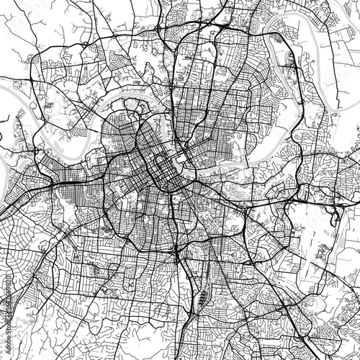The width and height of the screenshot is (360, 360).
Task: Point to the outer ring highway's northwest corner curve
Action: pos(40,61)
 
